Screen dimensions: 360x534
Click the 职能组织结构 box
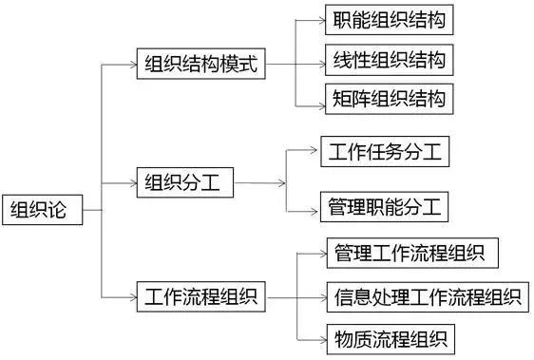pos(388,21)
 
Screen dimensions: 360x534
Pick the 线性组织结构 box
pos(388,60)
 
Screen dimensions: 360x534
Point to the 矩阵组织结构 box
pos(388,98)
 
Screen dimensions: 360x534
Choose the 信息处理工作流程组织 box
pos(425,296)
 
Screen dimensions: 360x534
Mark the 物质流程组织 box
pos(390,336)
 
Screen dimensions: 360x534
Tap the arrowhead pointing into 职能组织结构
pos(319,21)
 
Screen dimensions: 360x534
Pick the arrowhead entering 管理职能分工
pos(314,205)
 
